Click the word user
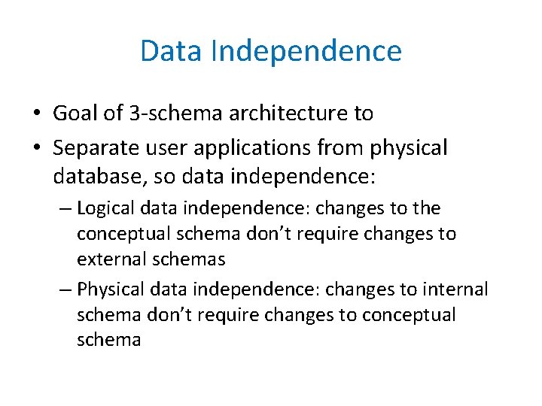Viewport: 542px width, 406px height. tap(172, 148)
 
